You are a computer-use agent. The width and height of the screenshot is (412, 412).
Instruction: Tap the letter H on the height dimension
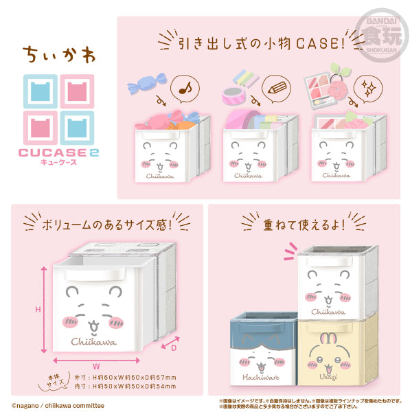pos(38,309)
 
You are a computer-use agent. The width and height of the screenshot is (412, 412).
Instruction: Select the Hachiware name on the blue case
pos(260,377)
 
